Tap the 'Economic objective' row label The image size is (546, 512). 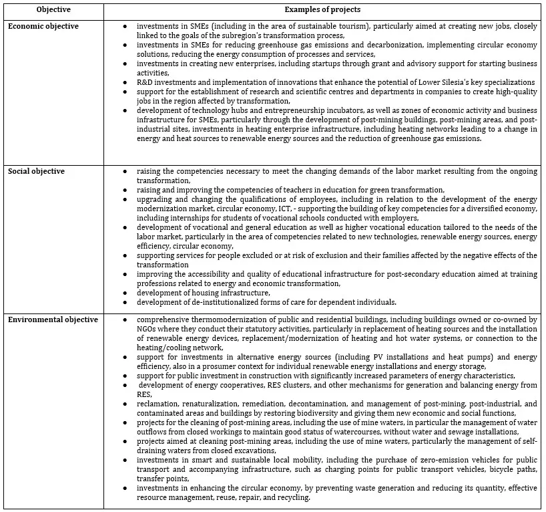tap(43, 26)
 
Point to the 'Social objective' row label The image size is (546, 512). tap(37, 171)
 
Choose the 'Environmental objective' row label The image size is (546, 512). tap(53, 319)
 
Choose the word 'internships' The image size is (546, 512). tap(170, 217)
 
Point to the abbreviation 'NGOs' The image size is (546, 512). tap(147, 329)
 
